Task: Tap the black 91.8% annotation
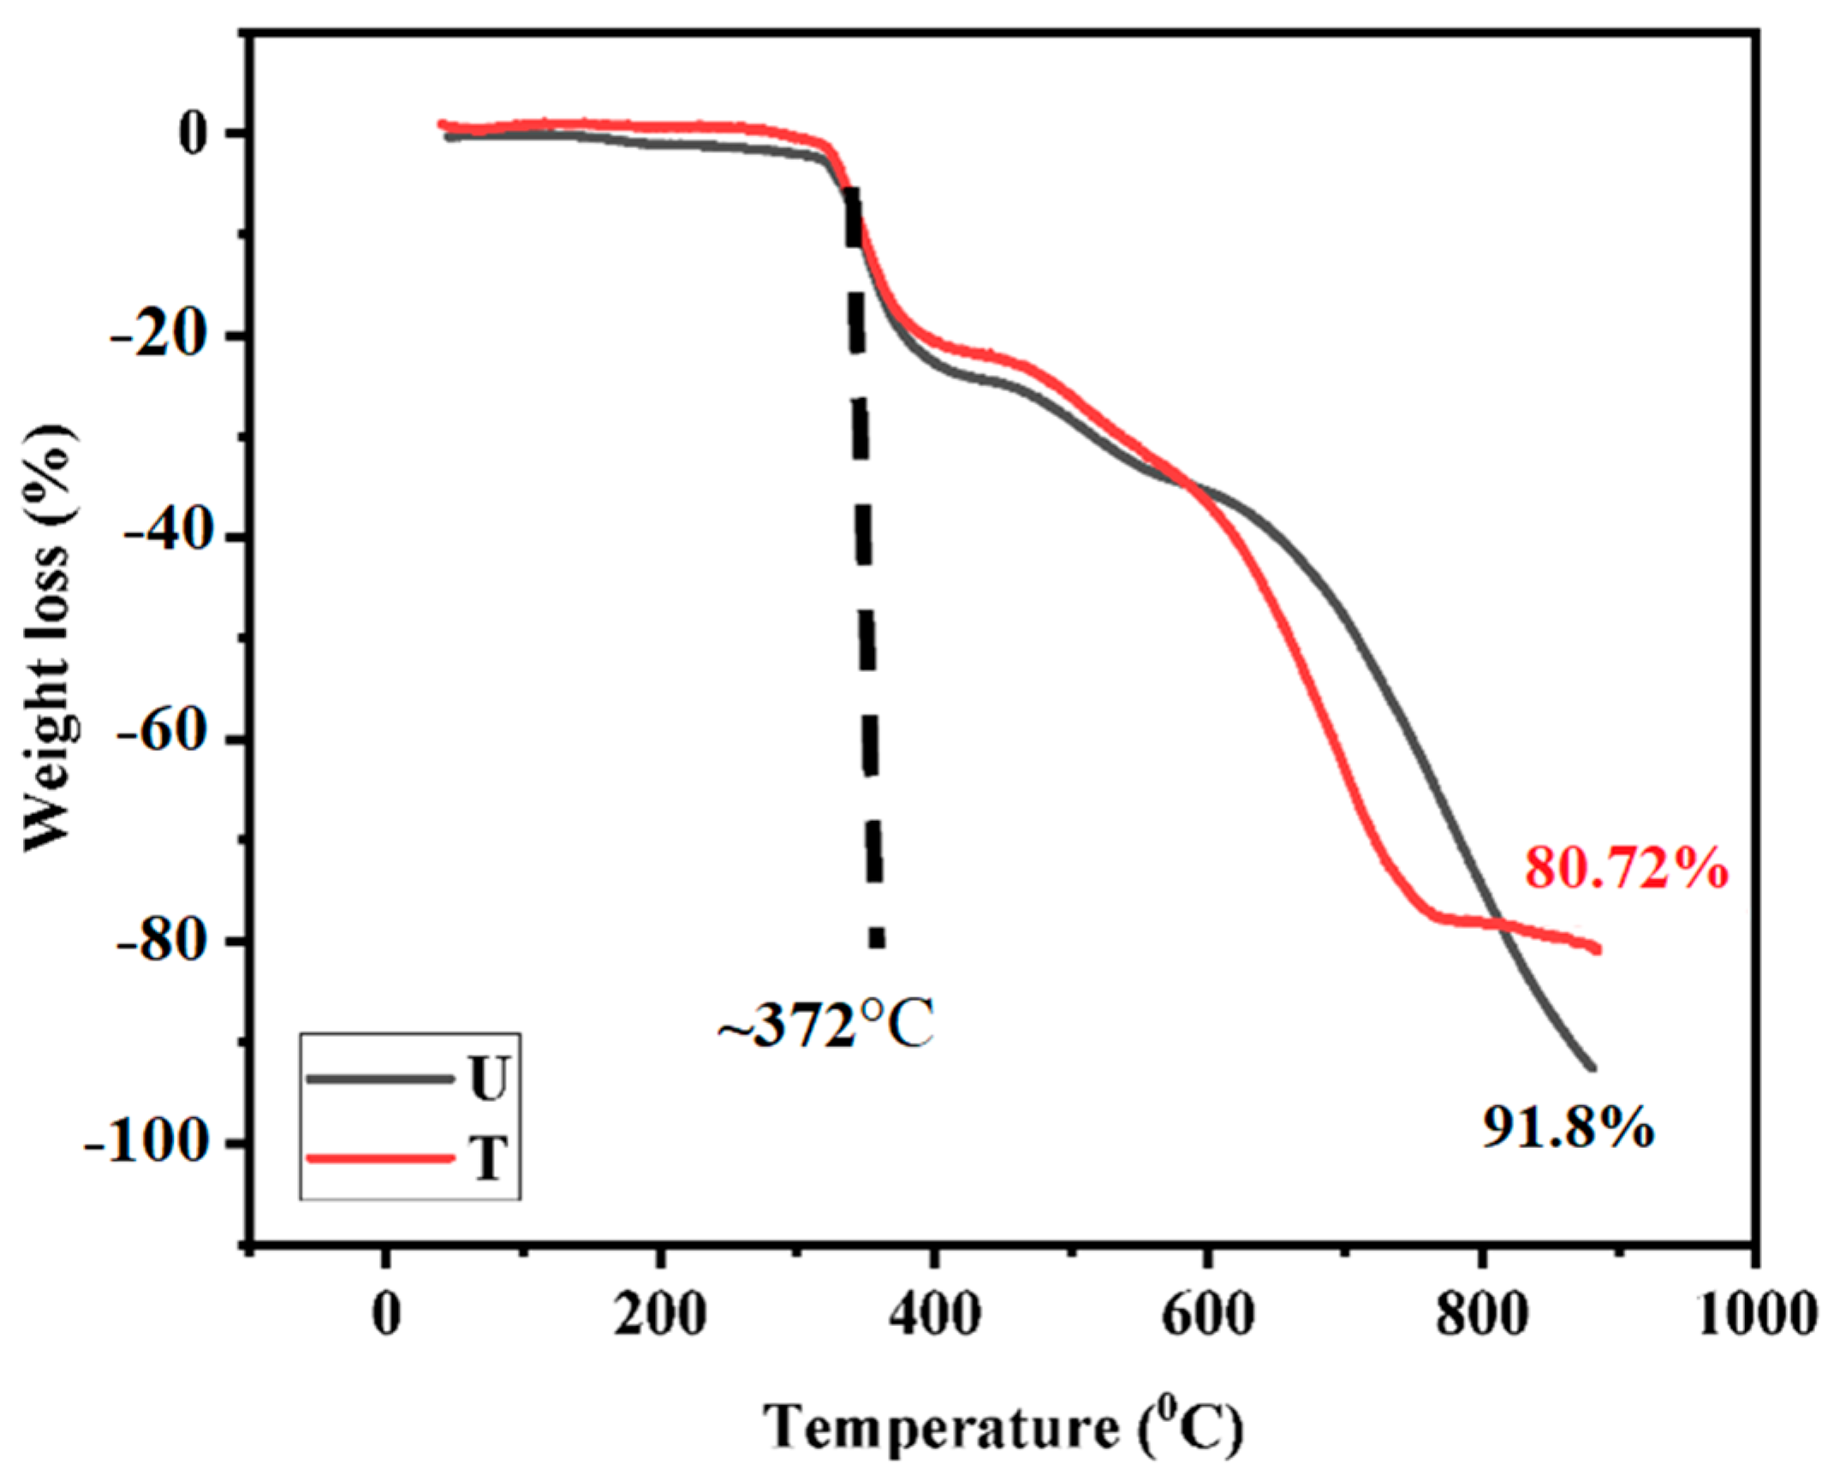[x=1569, y=1128]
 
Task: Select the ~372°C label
[x=825, y=1026]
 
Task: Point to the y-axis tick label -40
[x=167, y=538]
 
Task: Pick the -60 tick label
[x=167, y=739]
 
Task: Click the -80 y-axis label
[x=167, y=941]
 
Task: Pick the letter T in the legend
[x=489, y=1160]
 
